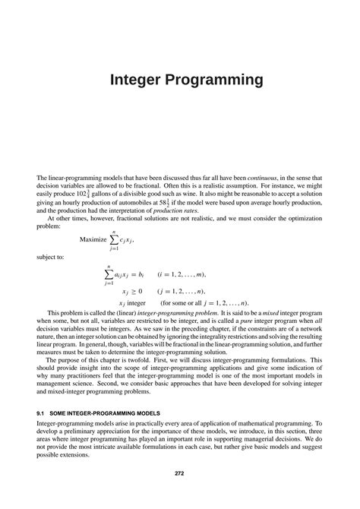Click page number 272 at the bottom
[x=180, y=474]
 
